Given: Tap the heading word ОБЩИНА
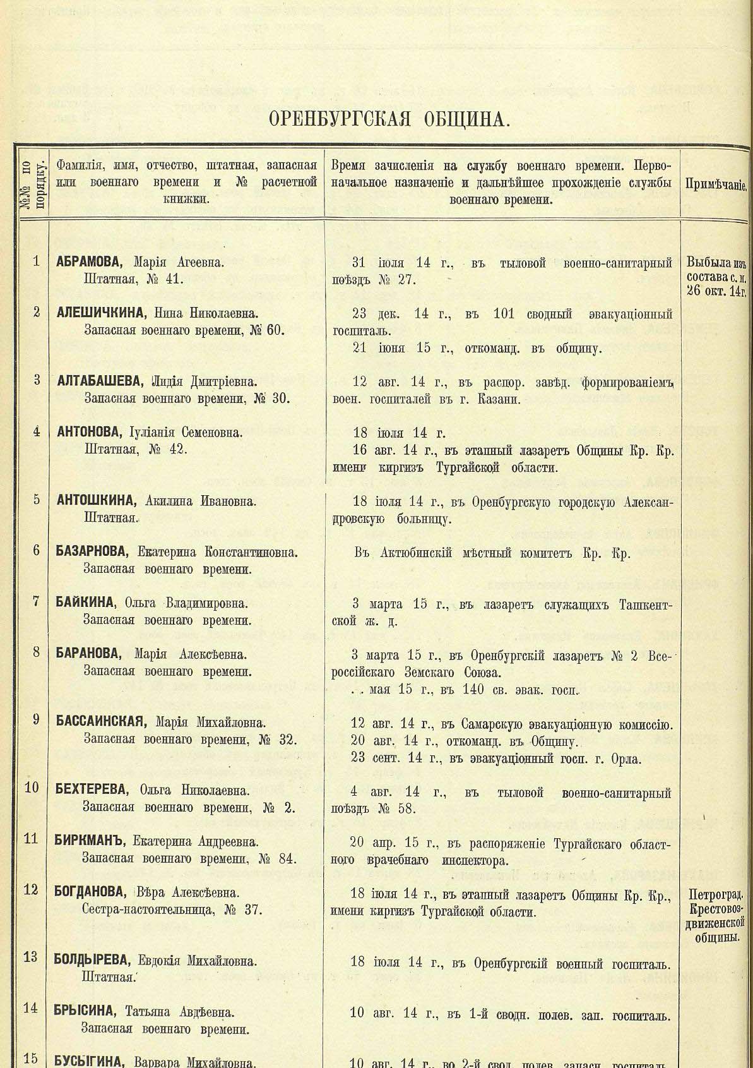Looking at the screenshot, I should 460,119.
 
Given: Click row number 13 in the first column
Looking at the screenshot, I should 31,957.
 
